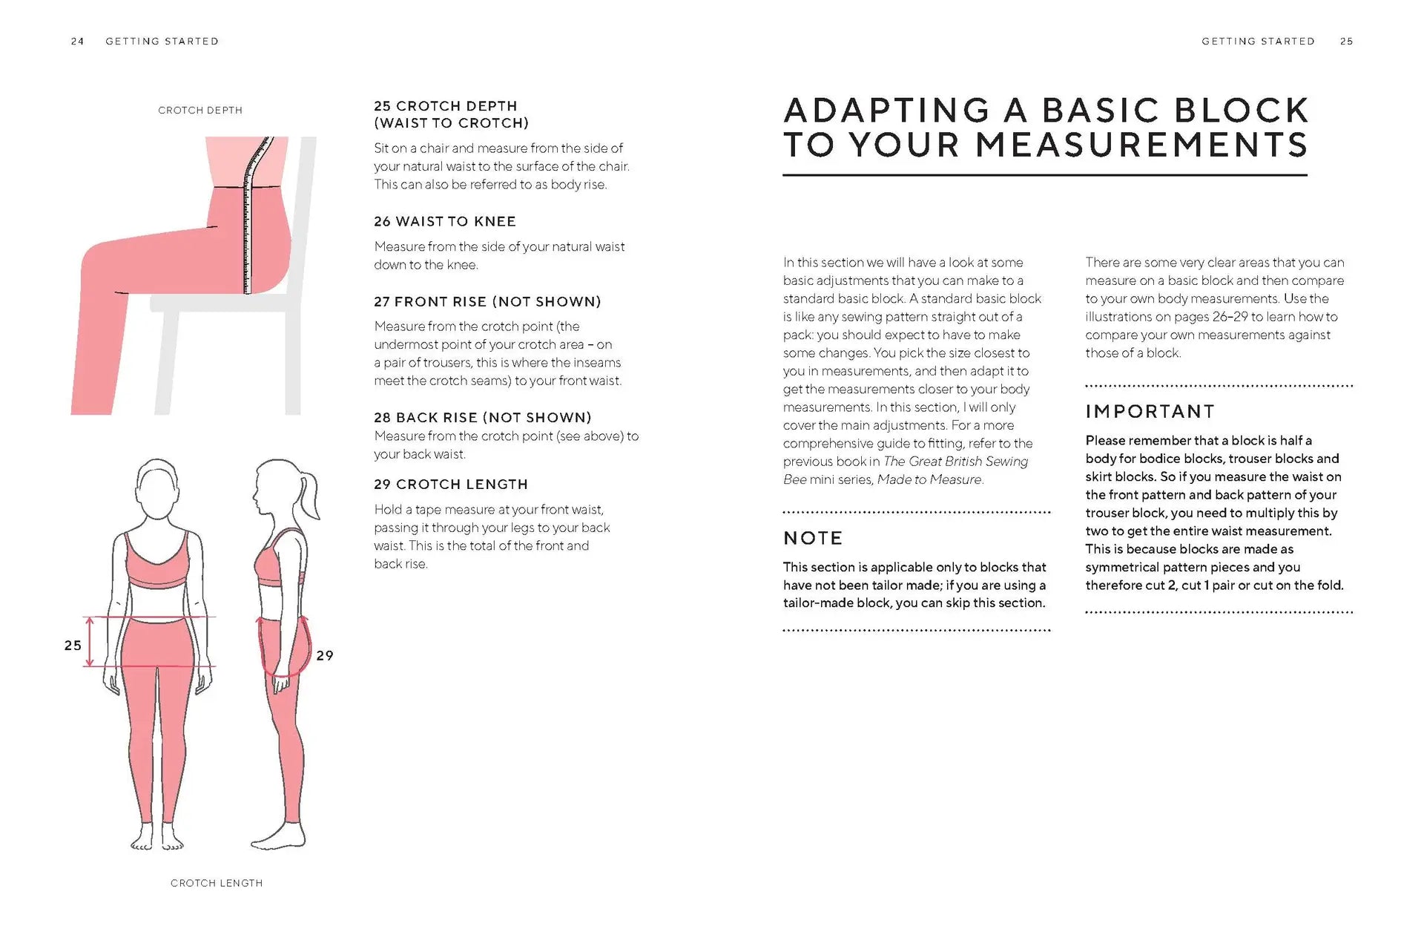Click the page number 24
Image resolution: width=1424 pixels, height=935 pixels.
(77, 42)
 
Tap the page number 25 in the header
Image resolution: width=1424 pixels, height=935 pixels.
(1346, 42)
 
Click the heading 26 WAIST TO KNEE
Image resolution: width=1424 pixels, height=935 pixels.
(445, 221)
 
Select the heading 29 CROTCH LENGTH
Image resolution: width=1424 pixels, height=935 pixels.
(451, 484)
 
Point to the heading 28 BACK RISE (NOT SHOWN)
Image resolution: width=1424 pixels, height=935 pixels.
(483, 417)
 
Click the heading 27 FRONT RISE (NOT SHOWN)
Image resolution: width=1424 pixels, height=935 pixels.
(487, 301)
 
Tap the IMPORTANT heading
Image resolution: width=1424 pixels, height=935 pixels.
(1150, 412)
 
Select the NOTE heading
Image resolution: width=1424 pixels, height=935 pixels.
(813, 538)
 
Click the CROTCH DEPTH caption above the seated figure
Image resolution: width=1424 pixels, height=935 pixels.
(200, 111)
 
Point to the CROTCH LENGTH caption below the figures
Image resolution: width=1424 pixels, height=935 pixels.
(217, 883)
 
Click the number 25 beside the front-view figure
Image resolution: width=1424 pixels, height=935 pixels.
(73, 646)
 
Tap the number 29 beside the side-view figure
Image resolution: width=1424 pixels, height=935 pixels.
(325, 655)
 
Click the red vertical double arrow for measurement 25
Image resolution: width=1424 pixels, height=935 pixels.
(90, 641)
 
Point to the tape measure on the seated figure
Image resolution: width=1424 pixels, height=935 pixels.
(248, 223)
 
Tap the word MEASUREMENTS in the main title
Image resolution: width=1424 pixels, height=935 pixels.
(1141, 145)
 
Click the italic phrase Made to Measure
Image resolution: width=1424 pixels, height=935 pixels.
(930, 479)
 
